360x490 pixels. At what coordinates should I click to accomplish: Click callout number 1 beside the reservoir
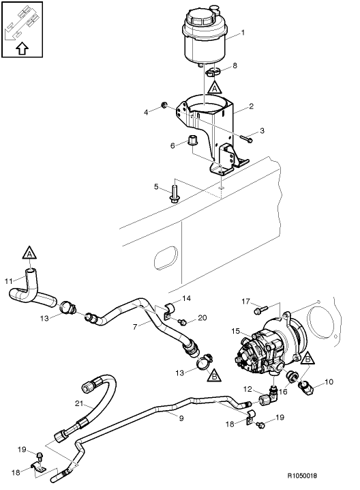tap(243, 32)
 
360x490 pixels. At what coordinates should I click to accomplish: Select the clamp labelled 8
tap(213, 70)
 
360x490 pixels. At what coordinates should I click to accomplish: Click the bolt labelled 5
tap(175, 194)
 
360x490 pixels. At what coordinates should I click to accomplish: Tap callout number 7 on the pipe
tap(135, 327)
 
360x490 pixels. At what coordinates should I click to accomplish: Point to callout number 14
tap(187, 299)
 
